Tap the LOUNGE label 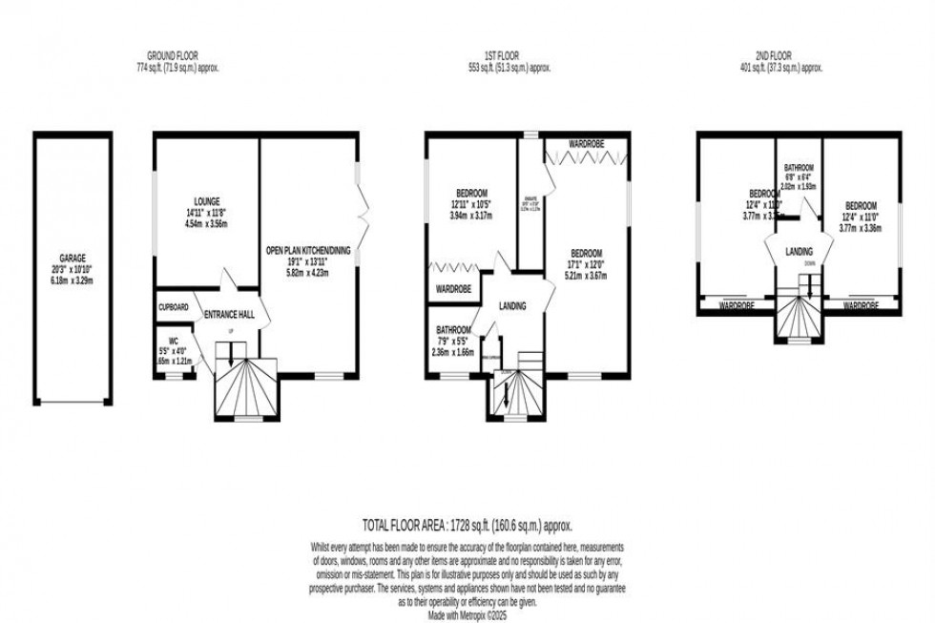[x=207, y=201]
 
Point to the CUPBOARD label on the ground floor [x=174, y=308]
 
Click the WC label [x=173, y=340]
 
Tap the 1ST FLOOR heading [x=526, y=56]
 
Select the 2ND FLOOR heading [x=782, y=56]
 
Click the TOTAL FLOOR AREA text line [x=467, y=525]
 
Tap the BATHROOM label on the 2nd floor [x=799, y=167]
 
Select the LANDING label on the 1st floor [x=513, y=306]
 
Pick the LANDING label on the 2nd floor [x=799, y=252]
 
